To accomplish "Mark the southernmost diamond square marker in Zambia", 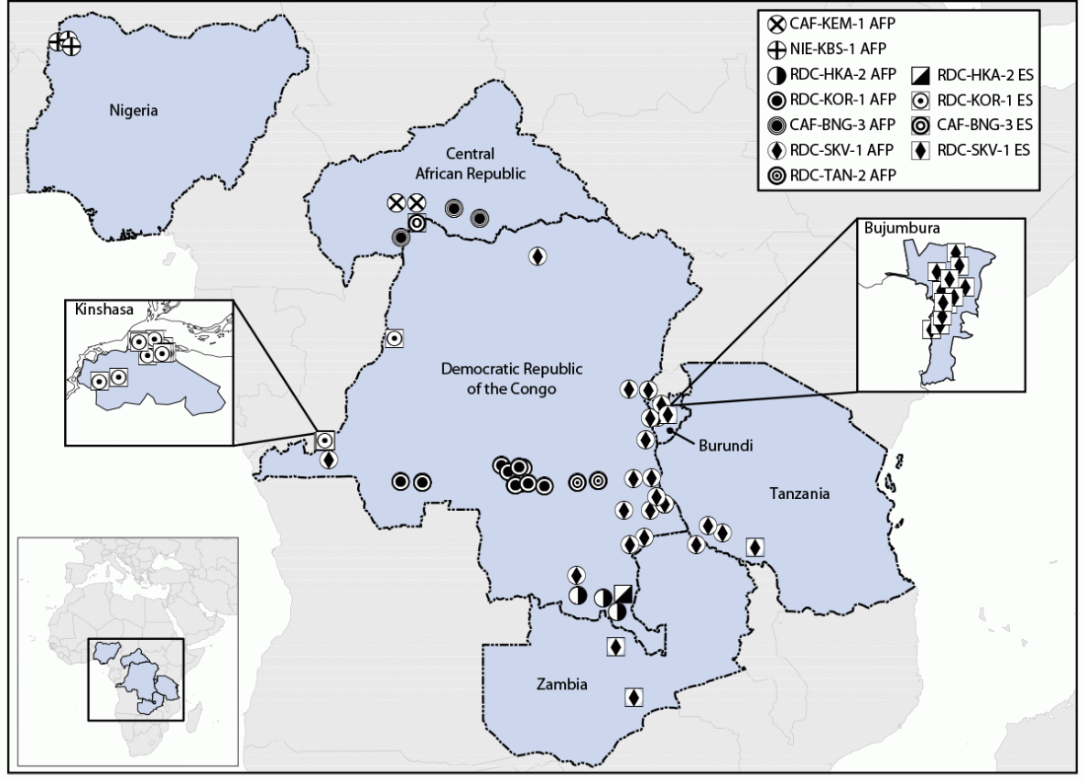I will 632,697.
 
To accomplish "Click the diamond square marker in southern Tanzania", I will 754,547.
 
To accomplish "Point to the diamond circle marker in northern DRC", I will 537,256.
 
